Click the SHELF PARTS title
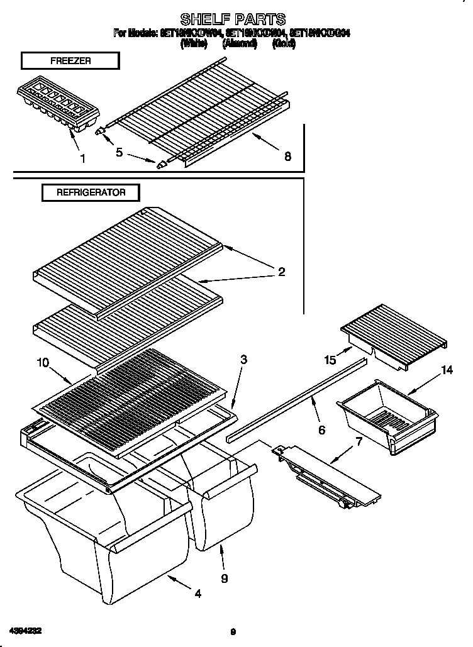tap(233, 19)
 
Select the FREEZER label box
tap(70, 60)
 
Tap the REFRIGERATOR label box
tap(91, 192)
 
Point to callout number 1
tap(82, 159)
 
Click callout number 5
tap(119, 152)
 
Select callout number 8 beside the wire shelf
tap(287, 157)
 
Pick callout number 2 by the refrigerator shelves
tap(281, 272)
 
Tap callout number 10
tap(42, 362)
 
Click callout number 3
tap(243, 360)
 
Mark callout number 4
tap(198, 593)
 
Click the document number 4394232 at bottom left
tap(26, 629)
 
